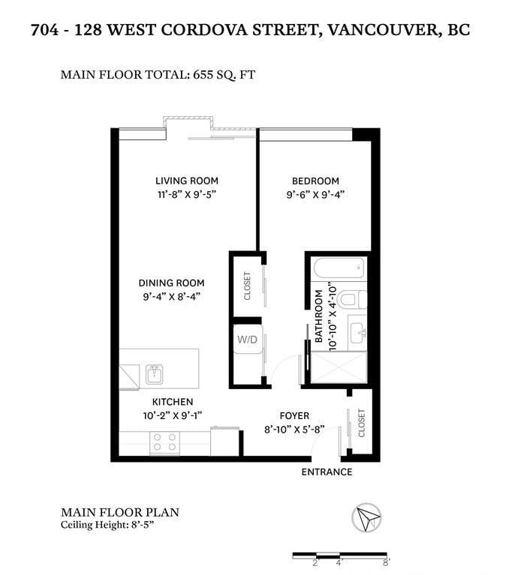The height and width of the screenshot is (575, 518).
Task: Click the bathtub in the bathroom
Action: click(x=339, y=268)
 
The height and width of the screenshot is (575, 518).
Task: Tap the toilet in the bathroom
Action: click(x=351, y=300)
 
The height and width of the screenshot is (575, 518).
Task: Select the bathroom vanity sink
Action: click(x=357, y=332)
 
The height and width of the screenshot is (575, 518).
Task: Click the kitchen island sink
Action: click(x=154, y=374)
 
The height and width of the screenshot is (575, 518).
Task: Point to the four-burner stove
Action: click(x=165, y=442)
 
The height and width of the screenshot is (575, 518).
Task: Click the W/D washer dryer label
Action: click(x=247, y=340)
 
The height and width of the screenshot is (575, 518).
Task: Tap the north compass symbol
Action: click(x=366, y=517)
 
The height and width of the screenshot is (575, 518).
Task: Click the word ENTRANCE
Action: click(x=327, y=472)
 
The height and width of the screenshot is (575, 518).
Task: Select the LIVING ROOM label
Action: click(x=187, y=181)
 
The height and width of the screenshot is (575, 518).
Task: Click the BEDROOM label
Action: click(x=315, y=181)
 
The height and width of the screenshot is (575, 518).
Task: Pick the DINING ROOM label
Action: click(x=171, y=283)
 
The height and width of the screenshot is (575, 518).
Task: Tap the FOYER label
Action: click(x=294, y=416)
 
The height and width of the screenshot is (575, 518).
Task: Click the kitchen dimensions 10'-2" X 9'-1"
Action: click(x=173, y=415)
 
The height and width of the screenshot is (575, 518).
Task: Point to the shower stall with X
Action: click(x=339, y=367)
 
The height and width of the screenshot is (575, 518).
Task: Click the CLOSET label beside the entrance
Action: click(x=362, y=423)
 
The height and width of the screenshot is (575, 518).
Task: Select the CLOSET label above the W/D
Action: click(x=247, y=286)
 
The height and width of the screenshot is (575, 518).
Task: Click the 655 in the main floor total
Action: click(x=203, y=75)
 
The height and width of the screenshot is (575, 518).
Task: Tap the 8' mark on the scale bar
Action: click(x=386, y=562)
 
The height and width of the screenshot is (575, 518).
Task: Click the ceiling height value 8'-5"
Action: click(x=142, y=525)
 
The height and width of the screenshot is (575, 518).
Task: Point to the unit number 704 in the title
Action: click(x=45, y=30)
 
